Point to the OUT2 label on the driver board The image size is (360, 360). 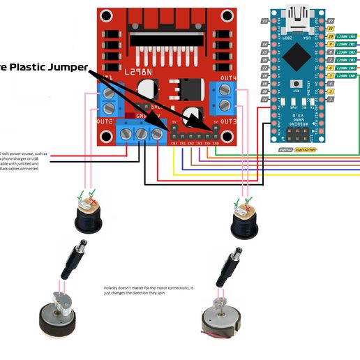tap(105, 121)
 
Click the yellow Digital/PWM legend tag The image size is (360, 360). tap(306, 149)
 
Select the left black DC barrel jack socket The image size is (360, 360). tap(88, 215)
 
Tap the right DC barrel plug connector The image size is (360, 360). tap(227, 269)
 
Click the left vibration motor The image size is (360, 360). tap(61, 315)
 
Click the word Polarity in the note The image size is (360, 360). tap(113, 287)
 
